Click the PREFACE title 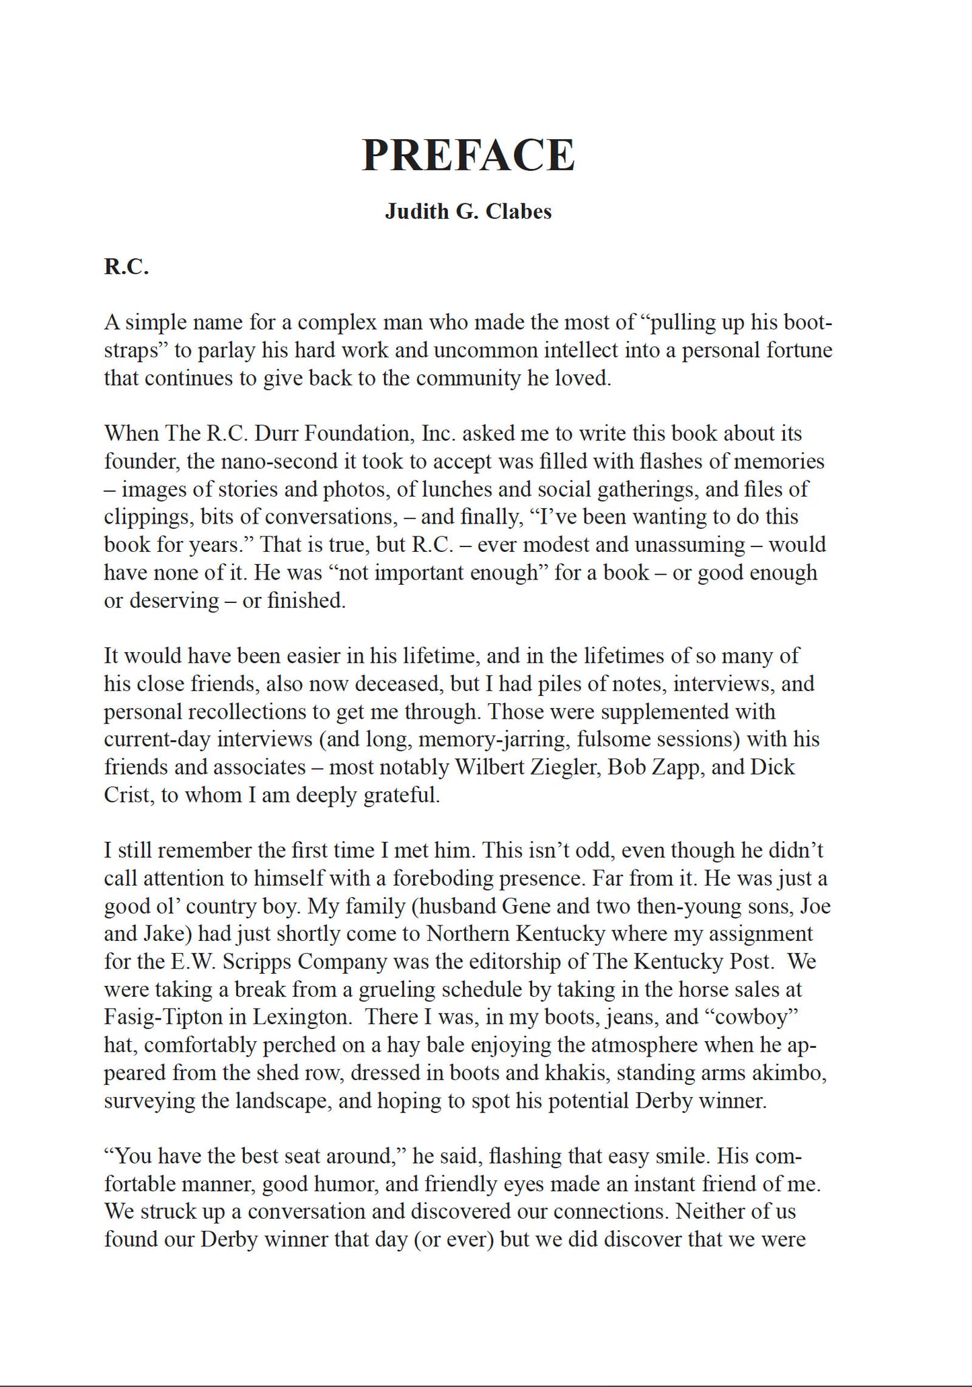click(468, 155)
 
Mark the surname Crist click(127, 795)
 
